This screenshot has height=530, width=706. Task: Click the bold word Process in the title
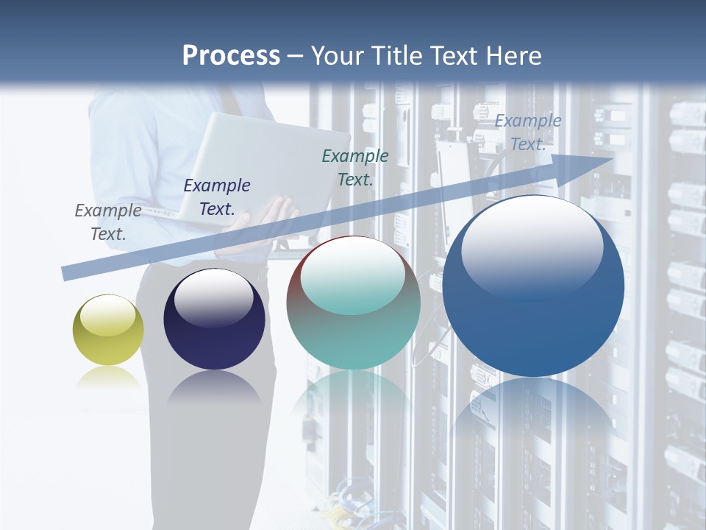click(231, 56)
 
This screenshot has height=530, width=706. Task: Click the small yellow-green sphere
click(108, 330)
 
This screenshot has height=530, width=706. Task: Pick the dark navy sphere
click(214, 319)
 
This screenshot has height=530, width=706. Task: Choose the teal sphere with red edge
click(353, 303)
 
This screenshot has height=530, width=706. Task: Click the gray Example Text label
click(108, 222)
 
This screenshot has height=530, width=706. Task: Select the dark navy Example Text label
click(217, 197)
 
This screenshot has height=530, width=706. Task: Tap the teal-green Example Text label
click(355, 167)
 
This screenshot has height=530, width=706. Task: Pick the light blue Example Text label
click(528, 132)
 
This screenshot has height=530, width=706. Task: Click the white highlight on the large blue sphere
click(532, 241)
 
